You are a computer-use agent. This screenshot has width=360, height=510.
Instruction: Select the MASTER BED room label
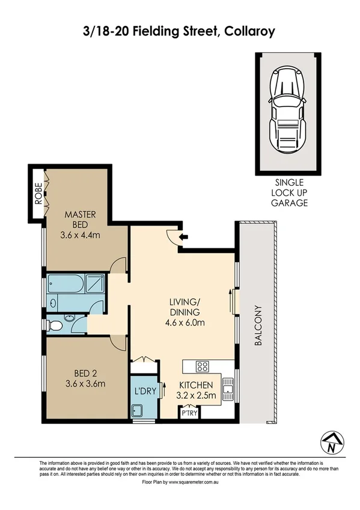click(x=81, y=220)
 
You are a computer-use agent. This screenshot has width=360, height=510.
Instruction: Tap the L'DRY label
click(x=144, y=390)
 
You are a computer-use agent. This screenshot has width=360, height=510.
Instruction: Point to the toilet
click(x=55, y=325)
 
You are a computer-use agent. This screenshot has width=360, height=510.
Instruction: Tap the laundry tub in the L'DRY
click(x=138, y=411)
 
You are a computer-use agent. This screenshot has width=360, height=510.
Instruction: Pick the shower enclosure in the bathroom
click(x=94, y=284)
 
